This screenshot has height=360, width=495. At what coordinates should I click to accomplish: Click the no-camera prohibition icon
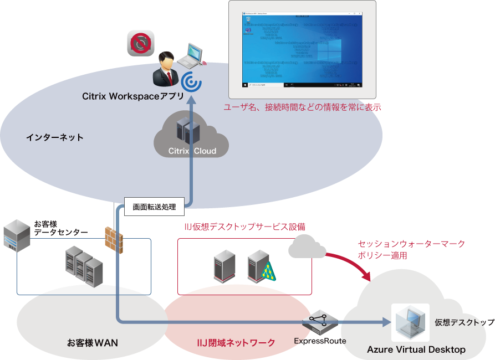coord(140,43)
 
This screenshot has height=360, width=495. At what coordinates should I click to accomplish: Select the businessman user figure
coord(166,69)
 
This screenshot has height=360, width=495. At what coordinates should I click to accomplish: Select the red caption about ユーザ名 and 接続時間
coord(302,107)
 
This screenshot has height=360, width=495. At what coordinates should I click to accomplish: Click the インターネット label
coord(55,137)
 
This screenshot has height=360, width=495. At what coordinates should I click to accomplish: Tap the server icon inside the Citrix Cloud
coord(183,129)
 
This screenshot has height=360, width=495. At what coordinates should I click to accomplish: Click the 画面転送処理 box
coord(154,207)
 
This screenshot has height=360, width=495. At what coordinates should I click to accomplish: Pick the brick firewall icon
coord(114,239)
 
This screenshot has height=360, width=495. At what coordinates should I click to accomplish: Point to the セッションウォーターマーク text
coord(411,244)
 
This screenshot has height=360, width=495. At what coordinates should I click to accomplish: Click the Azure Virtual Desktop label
coord(416,349)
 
